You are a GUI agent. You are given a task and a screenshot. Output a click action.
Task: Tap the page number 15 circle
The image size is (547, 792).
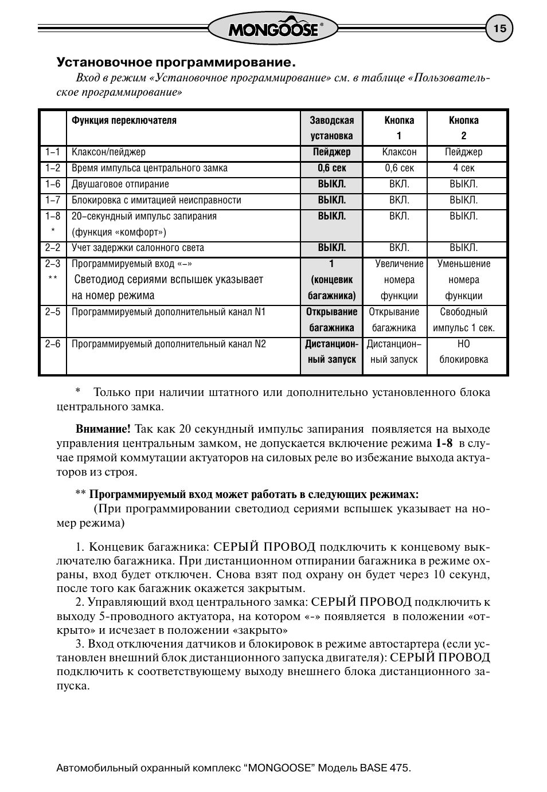click(499, 29)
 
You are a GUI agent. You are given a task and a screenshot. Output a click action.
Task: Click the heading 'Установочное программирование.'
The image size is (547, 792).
click(175, 61)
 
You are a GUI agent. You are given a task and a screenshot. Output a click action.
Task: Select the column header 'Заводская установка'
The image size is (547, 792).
click(331, 128)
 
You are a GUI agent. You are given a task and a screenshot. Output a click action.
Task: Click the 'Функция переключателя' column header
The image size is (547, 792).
click(124, 120)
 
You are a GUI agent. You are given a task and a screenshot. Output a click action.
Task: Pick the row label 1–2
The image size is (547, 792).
click(53, 168)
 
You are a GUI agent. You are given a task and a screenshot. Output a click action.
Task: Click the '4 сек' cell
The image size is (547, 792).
click(463, 168)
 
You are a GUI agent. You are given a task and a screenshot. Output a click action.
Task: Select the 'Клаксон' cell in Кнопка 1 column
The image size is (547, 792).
click(399, 152)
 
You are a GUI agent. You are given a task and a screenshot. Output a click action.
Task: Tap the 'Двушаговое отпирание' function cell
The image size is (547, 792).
click(120, 184)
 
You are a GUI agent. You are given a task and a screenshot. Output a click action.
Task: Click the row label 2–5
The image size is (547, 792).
click(53, 312)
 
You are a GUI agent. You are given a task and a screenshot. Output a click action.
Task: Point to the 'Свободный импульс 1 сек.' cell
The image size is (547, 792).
click(463, 320)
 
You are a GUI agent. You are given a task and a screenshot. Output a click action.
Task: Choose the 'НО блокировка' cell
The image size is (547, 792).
click(463, 352)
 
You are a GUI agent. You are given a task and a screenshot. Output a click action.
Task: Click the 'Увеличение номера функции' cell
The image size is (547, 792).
click(399, 280)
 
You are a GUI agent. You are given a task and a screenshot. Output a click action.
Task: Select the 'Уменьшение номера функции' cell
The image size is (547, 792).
click(463, 280)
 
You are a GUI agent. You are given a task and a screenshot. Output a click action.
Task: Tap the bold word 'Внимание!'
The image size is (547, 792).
click(103, 429)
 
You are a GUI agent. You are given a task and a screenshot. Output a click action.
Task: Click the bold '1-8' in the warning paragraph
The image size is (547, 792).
click(444, 443)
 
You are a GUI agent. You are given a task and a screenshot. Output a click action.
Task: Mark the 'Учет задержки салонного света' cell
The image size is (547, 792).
click(138, 248)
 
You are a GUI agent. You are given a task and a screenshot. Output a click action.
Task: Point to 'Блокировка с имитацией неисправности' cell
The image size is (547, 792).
click(156, 200)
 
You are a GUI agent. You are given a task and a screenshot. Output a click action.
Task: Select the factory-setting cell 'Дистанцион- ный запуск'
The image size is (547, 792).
click(331, 352)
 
